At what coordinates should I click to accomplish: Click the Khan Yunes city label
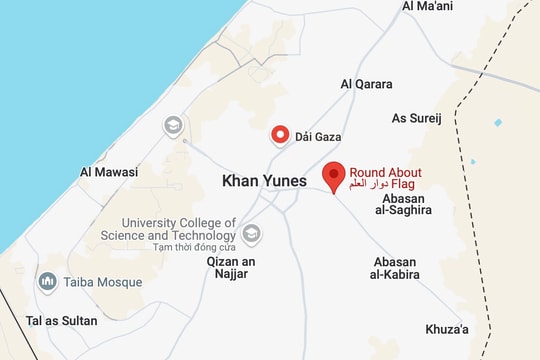(x=263, y=181)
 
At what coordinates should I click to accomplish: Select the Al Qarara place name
(x=367, y=85)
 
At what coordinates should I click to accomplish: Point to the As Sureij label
(x=416, y=118)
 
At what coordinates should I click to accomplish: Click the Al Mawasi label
(x=109, y=172)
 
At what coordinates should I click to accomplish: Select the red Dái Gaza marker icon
(x=281, y=135)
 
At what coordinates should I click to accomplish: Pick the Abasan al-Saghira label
(x=403, y=204)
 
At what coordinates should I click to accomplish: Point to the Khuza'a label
(x=447, y=329)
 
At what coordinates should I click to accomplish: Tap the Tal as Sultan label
(x=62, y=321)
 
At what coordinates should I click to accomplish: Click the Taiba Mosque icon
(x=46, y=282)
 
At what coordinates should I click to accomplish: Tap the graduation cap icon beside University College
(x=252, y=233)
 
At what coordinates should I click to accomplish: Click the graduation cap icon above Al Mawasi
(x=173, y=125)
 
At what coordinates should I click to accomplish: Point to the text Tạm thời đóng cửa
(x=180, y=246)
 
